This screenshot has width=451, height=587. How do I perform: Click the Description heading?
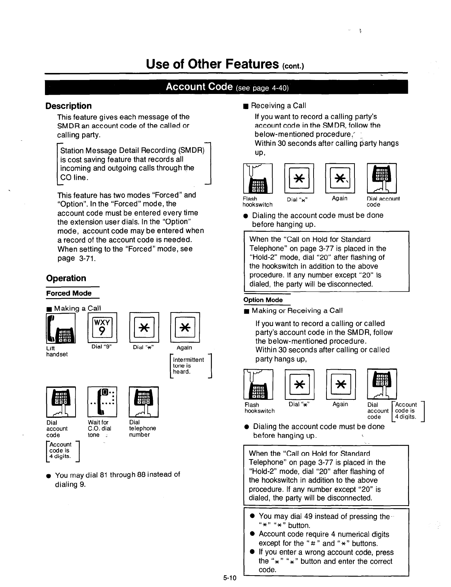(69, 106)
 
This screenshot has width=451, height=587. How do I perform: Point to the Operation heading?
(66, 278)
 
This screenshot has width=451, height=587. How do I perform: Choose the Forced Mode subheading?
(69, 293)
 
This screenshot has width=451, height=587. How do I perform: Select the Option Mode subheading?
(263, 300)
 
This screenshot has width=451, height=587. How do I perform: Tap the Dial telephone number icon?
(144, 402)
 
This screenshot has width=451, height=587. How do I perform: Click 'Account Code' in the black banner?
(199, 87)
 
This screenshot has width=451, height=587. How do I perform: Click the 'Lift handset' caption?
(57, 351)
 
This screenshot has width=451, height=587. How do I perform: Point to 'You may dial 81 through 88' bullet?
(117, 475)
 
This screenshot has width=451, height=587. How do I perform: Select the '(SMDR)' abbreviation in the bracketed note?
(191, 151)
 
